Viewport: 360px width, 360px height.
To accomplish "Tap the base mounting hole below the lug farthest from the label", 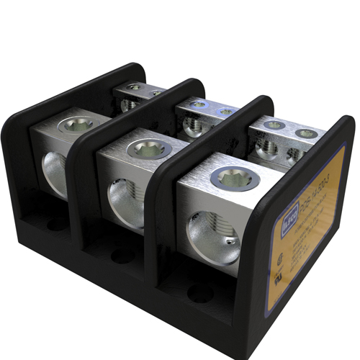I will point(53,224).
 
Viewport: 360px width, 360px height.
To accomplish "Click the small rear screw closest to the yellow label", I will point(305,133).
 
